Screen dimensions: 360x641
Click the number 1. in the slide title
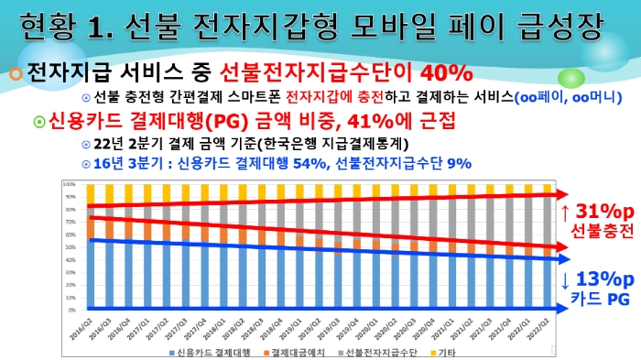[x=108, y=26]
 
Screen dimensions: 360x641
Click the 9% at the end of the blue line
[x=459, y=163]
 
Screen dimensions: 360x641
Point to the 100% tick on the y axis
[x=69, y=183]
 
